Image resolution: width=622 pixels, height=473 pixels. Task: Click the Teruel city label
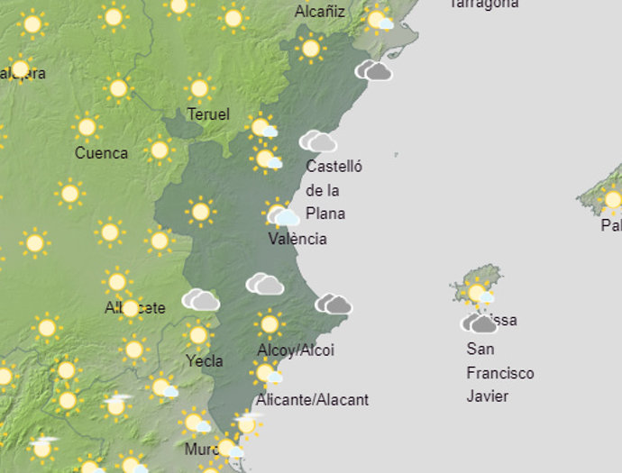click(208, 114)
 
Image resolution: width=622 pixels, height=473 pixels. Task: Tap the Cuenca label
click(101, 153)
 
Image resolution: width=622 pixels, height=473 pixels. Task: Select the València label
click(297, 239)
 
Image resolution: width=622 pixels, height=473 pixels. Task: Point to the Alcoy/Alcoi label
click(296, 350)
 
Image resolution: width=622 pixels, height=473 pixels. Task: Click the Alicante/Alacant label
click(313, 399)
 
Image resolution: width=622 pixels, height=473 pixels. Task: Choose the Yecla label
click(204, 361)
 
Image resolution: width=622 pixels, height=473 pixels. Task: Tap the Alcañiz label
click(320, 12)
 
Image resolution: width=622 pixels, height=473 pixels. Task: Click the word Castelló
click(334, 167)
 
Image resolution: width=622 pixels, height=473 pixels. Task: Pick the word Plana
click(325, 214)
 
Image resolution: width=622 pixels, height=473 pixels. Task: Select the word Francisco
click(500, 373)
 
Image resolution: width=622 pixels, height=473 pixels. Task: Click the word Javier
click(488, 396)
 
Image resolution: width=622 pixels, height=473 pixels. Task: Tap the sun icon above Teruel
click(199, 88)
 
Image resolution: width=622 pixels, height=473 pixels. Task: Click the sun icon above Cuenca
click(87, 127)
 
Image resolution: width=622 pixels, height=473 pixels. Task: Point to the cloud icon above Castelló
click(317, 141)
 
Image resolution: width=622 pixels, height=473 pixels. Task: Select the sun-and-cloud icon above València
click(282, 215)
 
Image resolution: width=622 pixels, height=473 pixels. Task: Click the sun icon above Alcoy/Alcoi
click(268, 323)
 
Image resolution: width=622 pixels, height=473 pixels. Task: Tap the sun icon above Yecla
click(198, 335)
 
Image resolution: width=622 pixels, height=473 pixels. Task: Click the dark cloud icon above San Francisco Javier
click(480, 323)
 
